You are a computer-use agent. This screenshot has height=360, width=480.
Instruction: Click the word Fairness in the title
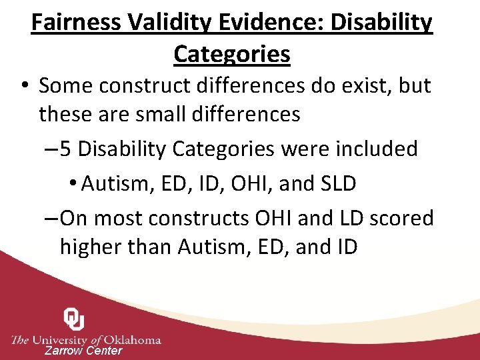click(x=75, y=23)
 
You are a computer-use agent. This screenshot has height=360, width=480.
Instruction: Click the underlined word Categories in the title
click(x=232, y=53)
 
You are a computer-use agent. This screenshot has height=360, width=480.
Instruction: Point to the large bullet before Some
click(x=25, y=86)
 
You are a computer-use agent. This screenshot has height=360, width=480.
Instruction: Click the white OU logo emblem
click(x=74, y=319)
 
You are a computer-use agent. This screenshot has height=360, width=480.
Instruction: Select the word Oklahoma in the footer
click(x=130, y=339)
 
